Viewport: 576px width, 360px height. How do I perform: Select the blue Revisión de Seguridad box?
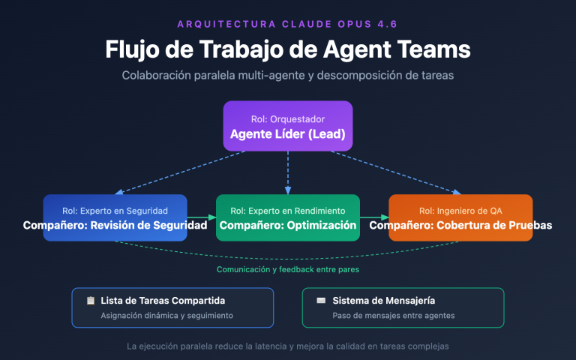(115, 217)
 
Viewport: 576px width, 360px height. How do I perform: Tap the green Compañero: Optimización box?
(288, 217)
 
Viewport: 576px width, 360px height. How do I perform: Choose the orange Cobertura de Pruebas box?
(460, 217)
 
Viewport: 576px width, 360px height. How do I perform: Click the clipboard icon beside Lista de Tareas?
(91, 301)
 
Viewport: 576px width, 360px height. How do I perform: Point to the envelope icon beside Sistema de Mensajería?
(321, 301)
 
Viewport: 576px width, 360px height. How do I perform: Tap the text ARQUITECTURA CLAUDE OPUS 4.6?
(288, 24)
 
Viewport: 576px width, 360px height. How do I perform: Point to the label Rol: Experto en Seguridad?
(115, 211)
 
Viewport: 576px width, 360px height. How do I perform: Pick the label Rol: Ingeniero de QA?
(460, 211)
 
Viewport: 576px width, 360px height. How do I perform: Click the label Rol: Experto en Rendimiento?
(288, 211)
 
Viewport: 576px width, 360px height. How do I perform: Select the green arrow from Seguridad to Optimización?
(201, 217)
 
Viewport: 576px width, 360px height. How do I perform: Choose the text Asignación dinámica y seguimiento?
(166, 316)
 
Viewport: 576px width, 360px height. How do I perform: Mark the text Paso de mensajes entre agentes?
(393, 316)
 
